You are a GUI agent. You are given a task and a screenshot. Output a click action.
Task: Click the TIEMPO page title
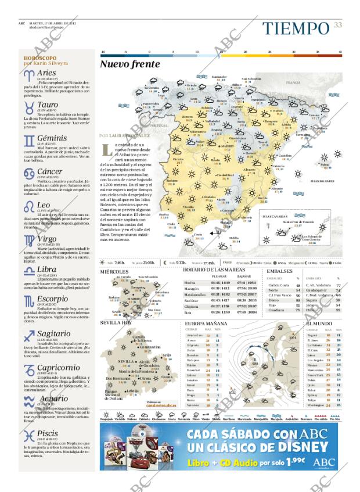(295, 28)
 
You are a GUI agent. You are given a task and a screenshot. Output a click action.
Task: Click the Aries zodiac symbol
(29, 75)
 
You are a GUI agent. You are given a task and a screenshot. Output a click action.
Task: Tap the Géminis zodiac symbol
(29, 139)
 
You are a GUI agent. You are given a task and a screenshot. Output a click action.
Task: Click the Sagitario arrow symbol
(29, 335)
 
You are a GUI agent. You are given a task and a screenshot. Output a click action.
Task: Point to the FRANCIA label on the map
(293, 82)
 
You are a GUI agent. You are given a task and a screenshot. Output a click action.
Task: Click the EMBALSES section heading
(280, 271)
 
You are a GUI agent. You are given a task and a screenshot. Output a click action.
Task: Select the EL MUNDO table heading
(319, 323)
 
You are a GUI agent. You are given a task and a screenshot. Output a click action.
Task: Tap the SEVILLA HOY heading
(116, 322)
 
